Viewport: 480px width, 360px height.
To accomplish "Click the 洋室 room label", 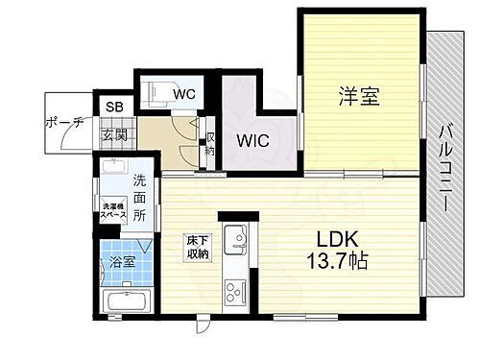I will point(358,96).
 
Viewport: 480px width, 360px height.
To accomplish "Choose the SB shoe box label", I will point(113,107).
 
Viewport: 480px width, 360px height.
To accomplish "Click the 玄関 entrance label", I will point(114,135).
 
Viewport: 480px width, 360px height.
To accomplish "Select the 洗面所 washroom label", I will point(140,197).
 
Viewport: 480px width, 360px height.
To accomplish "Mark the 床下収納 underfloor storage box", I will point(199,248).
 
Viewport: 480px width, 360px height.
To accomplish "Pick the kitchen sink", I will point(235,236).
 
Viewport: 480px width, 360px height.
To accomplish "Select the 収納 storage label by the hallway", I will point(210,146).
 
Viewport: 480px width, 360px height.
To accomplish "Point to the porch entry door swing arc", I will point(67,139).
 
